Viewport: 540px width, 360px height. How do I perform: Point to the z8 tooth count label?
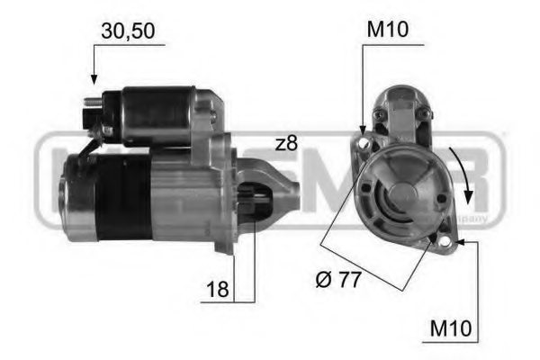(x=286, y=143)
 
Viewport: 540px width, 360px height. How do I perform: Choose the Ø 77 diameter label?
(x=339, y=280)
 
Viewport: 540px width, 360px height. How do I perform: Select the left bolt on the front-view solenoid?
(x=380, y=114)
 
